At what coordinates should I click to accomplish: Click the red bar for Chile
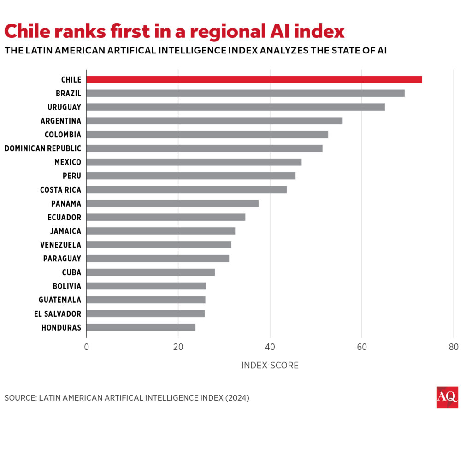coord(254,79)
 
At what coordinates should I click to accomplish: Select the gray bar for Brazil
coord(245,93)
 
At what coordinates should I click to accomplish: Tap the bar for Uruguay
coord(235,107)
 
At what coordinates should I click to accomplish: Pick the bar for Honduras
coord(141,327)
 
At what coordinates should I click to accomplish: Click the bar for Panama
coord(172,203)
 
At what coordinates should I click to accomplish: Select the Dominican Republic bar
coord(204,148)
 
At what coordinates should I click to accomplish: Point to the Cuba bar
coord(150,272)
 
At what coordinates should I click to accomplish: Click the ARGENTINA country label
coord(60,121)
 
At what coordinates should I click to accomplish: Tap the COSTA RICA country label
coord(60,190)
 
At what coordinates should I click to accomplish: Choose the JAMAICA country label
coord(65,231)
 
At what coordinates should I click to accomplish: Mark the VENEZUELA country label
coord(60,245)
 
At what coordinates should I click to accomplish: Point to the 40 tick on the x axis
coord(270,347)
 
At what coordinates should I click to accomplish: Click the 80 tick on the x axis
coord(454,347)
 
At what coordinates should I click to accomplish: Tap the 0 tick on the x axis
coord(86,347)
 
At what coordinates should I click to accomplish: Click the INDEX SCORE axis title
coord(270,366)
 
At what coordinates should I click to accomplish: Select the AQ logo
coord(447,397)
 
